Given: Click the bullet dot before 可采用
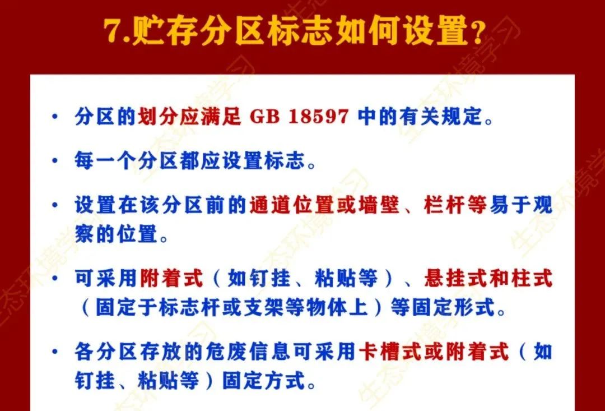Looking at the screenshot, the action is [55, 278].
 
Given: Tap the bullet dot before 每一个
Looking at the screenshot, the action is [55, 160].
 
